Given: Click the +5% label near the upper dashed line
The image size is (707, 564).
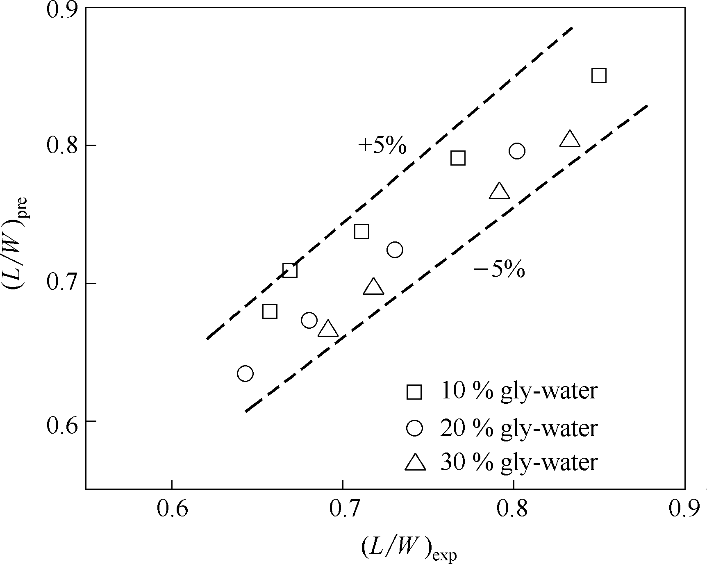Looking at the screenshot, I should [x=382, y=146].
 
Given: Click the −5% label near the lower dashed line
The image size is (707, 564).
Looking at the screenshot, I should [x=499, y=270].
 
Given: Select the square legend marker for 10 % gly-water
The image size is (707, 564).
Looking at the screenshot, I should [x=414, y=392].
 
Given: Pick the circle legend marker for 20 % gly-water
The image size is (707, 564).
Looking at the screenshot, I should [x=414, y=428].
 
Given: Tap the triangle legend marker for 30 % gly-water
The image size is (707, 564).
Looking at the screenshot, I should [x=415, y=463].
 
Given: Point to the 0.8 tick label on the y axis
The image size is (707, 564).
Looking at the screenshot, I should [x=61, y=146].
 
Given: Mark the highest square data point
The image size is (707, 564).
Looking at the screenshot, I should [x=599, y=76].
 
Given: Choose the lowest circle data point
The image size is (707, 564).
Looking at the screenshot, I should [x=245, y=373].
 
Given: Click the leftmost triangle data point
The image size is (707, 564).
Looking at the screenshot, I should [x=328, y=329].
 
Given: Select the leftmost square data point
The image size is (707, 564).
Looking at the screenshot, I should [x=270, y=312].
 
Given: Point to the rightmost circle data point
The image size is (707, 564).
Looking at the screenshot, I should [x=517, y=151].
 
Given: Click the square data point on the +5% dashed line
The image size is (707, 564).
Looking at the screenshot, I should [x=290, y=271].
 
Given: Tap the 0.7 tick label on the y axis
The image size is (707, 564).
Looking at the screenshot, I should [x=61, y=284].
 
